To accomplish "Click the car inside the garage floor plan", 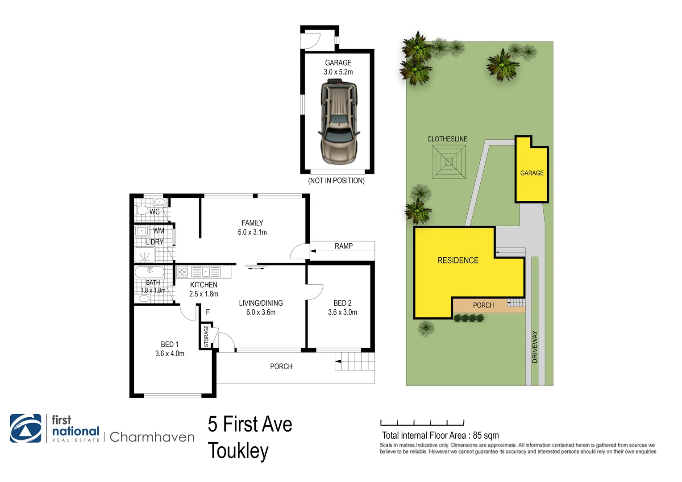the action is coord(339,121).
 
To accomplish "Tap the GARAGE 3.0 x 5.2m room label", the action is coord(338,67).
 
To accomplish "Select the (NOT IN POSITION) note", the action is coord(336,181).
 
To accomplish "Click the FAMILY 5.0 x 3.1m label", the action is coord(252,228).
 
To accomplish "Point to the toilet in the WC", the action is coord(142,210).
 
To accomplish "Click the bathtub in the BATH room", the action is coord(150,272).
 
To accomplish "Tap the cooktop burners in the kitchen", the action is coord(182,272).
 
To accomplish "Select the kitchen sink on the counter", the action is coord(206,272).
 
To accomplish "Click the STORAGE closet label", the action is coord(206,336).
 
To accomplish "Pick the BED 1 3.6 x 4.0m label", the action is coord(170,349).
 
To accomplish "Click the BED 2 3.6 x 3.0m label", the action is coord(342,307).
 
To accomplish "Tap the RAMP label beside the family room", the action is coord(343,246).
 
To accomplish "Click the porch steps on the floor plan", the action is coord(355,361).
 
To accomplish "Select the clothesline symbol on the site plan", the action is coord(449,162).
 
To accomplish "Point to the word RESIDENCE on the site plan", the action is coord(458,260).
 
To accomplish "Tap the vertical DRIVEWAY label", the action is coord(535,347).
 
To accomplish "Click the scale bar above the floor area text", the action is coord(422,422).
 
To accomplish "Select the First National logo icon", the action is coord(25,428).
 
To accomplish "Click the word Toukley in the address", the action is coord(238,451).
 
